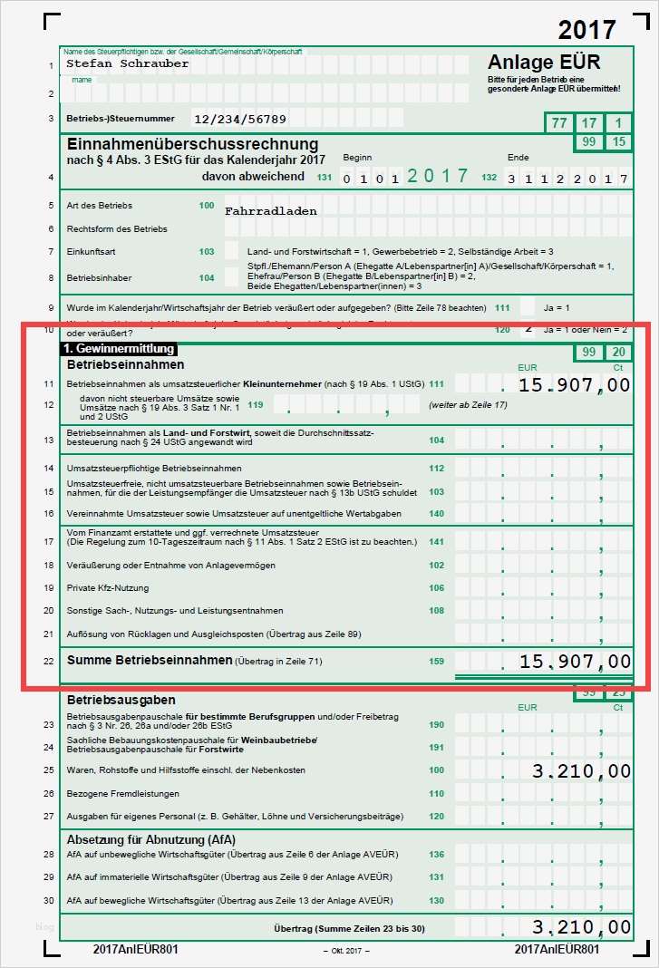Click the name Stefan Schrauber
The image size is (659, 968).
128,64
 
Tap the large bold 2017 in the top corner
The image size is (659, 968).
588,30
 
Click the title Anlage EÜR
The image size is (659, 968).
544,63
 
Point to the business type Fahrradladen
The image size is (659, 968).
271,210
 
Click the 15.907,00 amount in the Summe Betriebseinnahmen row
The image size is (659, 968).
575,661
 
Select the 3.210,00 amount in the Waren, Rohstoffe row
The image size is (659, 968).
581,770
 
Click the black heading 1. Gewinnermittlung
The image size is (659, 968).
118,348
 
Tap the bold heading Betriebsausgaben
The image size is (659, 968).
121,700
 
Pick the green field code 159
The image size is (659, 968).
437,661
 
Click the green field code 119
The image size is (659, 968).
256,404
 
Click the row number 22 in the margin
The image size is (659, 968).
48,661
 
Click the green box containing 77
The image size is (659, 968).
559,123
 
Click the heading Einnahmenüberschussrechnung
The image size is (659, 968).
192,144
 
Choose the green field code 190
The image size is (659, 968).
437,725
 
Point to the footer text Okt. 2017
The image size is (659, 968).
346,949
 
